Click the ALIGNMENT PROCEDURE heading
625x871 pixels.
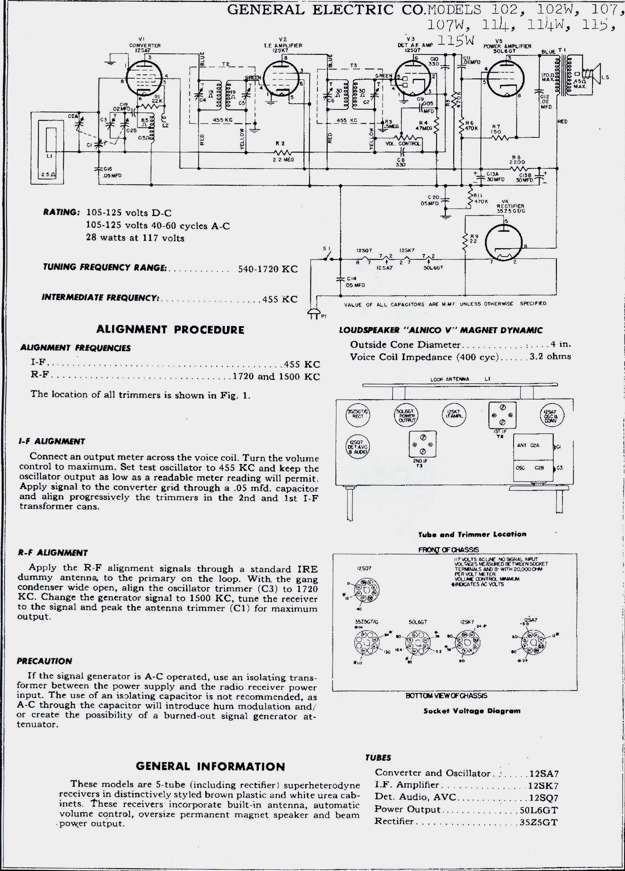point(170,330)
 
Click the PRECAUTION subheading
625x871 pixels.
point(44,661)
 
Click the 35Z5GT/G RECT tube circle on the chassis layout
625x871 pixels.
point(358,415)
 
